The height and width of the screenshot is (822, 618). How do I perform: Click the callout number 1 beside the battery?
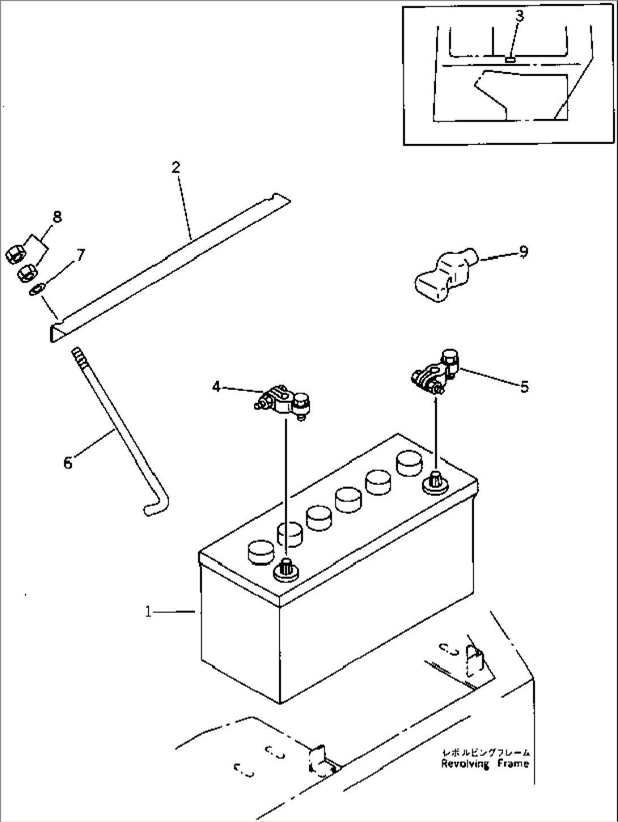pyautogui.click(x=148, y=612)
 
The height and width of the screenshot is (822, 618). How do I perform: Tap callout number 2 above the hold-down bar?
pyautogui.click(x=176, y=167)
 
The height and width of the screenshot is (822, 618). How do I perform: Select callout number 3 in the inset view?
pyautogui.click(x=519, y=16)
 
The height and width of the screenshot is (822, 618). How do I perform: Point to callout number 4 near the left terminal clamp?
pyautogui.click(x=216, y=387)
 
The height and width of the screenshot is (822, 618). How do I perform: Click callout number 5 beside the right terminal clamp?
pyautogui.click(x=524, y=387)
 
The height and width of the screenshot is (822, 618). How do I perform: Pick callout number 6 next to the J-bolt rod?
pyautogui.click(x=68, y=463)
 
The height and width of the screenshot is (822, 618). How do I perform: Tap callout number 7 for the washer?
pyautogui.click(x=81, y=255)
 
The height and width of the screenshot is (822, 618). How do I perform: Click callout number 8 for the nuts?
pyautogui.click(x=57, y=216)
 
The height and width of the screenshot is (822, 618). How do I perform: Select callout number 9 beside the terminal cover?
pyautogui.click(x=523, y=251)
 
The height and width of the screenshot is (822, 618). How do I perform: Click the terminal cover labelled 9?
pyautogui.click(x=439, y=276)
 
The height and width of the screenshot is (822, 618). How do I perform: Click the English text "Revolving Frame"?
pyautogui.click(x=485, y=764)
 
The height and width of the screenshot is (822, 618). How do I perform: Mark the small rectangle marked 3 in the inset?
pyautogui.click(x=510, y=58)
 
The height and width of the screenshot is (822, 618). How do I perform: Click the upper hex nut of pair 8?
pyautogui.click(x=14, y=255)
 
